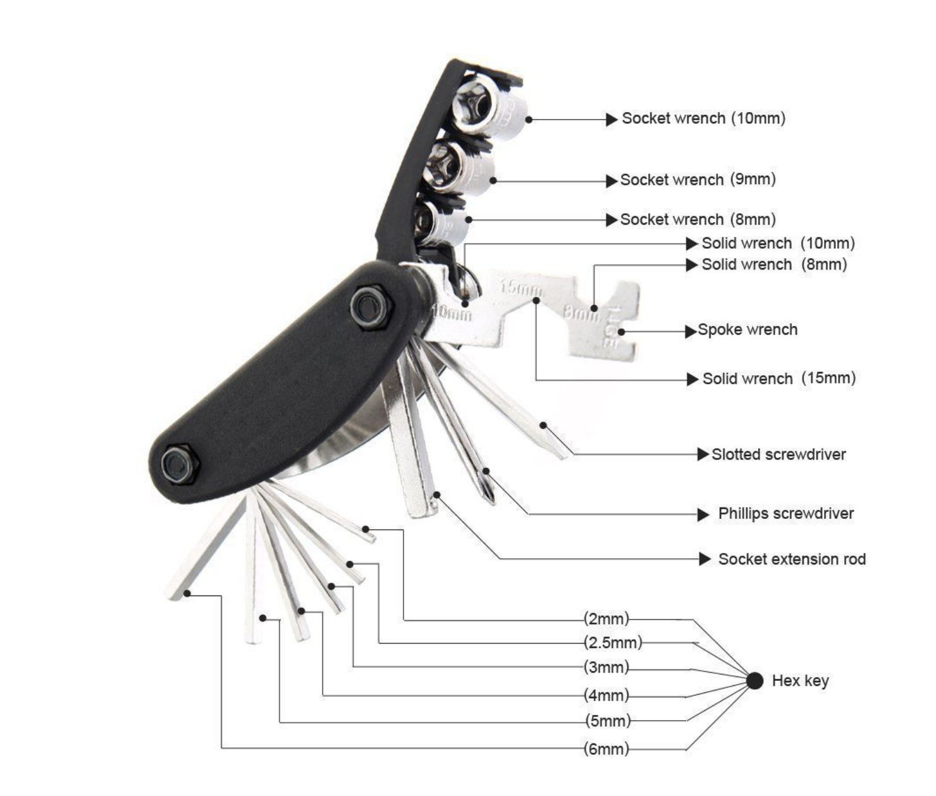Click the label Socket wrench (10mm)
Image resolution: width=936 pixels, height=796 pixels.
703,119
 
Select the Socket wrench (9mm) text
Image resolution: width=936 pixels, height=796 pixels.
698,180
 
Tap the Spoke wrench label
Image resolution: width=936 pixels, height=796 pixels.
747,330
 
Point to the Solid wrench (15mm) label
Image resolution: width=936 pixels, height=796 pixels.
779,378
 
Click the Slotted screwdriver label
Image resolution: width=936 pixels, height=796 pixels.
779,454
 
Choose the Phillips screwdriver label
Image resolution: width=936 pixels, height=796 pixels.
785,514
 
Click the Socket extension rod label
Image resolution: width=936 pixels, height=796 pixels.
792,559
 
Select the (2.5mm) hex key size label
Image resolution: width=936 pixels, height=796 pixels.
613,642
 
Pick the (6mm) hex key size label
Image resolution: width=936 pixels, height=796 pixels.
607,749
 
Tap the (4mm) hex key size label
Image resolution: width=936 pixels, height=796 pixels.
607,695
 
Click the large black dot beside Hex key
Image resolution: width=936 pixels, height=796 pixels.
754,680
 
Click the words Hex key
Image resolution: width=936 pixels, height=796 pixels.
800,681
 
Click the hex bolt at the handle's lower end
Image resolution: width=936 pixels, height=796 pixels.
180,463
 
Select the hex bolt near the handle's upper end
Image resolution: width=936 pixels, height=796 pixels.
371,307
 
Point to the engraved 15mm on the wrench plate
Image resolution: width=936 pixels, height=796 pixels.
520,288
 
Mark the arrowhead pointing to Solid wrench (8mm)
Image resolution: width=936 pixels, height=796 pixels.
692,265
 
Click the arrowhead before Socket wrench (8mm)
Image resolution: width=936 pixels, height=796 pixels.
612,220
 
